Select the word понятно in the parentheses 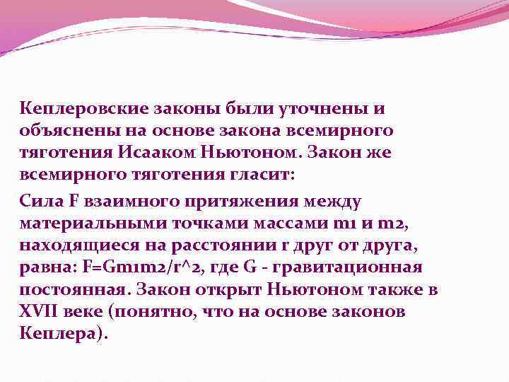pos(146,311)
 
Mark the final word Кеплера pos(60,333)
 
